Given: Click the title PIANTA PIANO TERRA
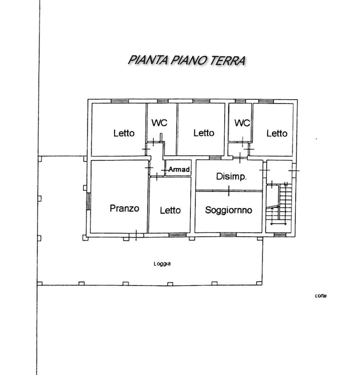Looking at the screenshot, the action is click(x=187, y=60).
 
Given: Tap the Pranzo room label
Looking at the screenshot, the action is click(x=124, y=208).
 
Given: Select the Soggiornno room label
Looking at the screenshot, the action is click(x=229, y=210).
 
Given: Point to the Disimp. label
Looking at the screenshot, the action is click(x=231, y=177).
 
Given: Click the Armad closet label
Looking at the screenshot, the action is click(x=179, y=169).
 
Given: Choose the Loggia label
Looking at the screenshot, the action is click(x=162, y=264).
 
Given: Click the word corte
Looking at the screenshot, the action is click(x=321, y=296).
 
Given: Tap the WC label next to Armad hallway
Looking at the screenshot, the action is click(x=159, y=123).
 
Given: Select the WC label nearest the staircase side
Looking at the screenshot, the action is click(x=242, y=123).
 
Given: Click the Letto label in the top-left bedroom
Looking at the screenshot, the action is click(x=124, y=133).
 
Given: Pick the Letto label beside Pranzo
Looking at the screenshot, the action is click(x=170, y=210).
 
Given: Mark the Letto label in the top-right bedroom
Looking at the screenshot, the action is click(x=277, y=134).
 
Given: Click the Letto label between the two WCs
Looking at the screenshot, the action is click(x=204, y=133).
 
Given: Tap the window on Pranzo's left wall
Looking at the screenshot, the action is click(x=89, y=201).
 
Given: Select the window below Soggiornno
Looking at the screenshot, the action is click(x=228, y=234).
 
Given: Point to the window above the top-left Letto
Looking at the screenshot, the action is click(x=120, y=101).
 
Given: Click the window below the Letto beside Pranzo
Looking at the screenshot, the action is click(x=177, y=235).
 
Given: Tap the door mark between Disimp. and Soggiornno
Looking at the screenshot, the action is click(x=229, y=190).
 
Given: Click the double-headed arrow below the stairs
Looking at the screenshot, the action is click(x=279, y=224).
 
